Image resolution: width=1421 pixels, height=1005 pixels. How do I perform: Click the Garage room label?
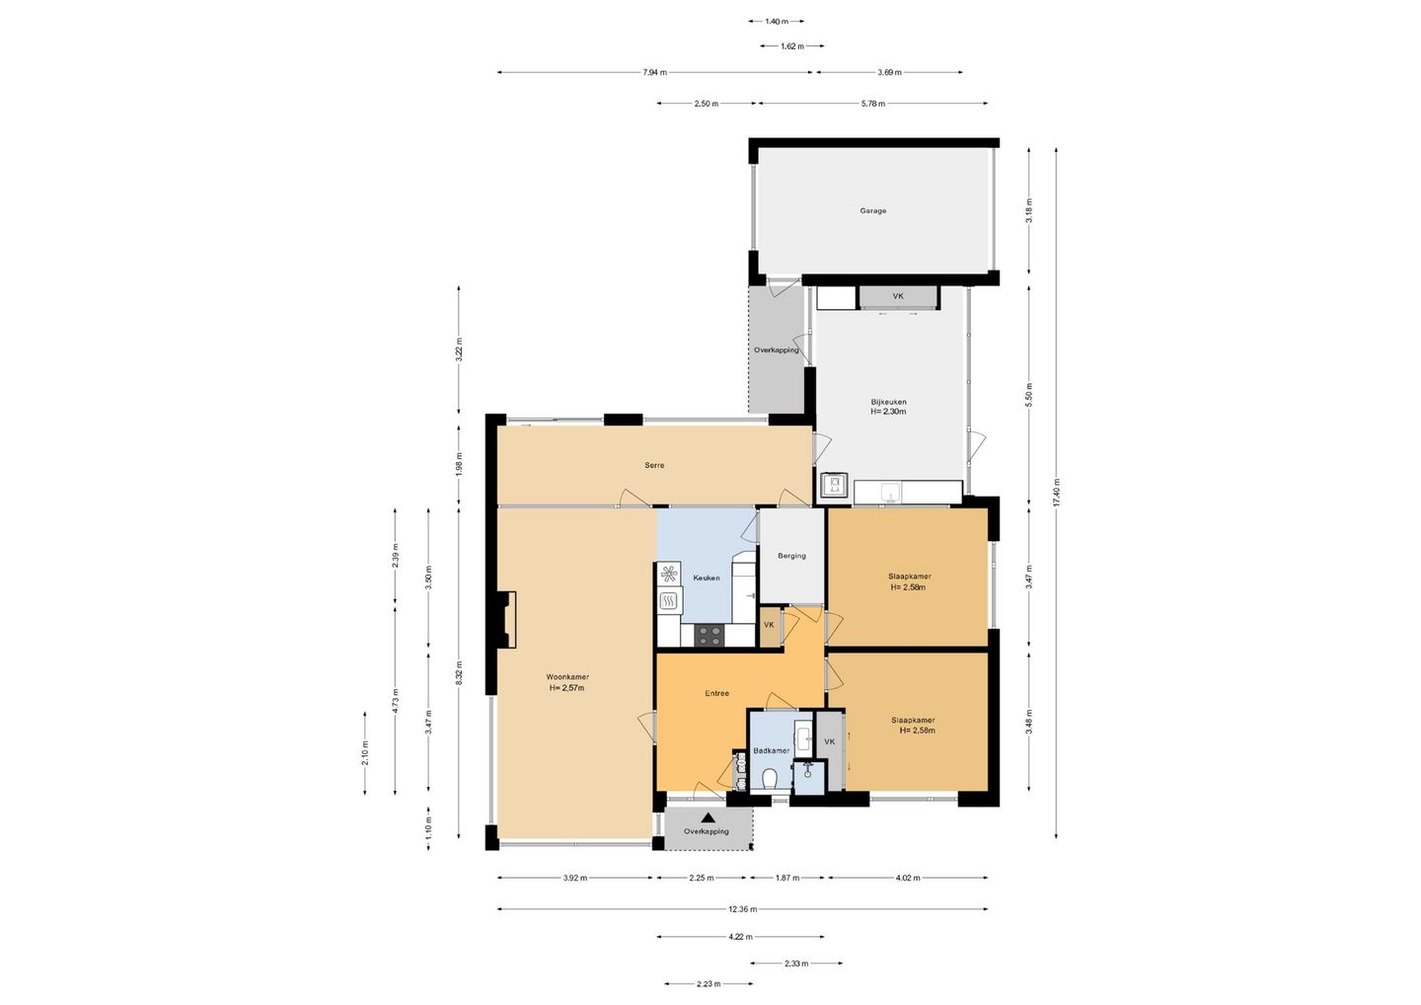(873, 210)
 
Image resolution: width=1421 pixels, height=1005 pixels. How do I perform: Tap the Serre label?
(654, 465)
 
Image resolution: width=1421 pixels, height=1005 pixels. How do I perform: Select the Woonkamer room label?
(567, 677)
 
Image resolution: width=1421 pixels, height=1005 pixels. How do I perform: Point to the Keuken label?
(707, 578)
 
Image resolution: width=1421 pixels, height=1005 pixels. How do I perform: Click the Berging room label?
(791, 556)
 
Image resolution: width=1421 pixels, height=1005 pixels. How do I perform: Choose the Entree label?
(716, 693)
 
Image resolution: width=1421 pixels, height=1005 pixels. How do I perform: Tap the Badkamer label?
(772, 750)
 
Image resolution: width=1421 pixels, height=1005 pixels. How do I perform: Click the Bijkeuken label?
(888, 402)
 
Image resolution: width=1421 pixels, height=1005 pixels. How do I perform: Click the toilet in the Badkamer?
(770, 780)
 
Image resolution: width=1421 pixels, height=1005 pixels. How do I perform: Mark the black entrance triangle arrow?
(708, 818)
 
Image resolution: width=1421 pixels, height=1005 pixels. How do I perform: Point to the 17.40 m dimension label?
(1056, 493)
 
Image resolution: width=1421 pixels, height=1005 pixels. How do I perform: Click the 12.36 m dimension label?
(742, 909)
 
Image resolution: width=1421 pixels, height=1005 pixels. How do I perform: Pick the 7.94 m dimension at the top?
(654, 72)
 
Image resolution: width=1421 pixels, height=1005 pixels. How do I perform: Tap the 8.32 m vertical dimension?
(459, 672)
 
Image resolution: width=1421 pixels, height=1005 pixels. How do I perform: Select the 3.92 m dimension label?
(574, 878)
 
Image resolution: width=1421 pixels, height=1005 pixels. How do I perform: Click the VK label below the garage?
(898, 296)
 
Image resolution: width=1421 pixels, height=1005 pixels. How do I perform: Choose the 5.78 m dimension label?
(873, 104)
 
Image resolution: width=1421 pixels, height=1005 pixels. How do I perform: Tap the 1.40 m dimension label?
(777, 22)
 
